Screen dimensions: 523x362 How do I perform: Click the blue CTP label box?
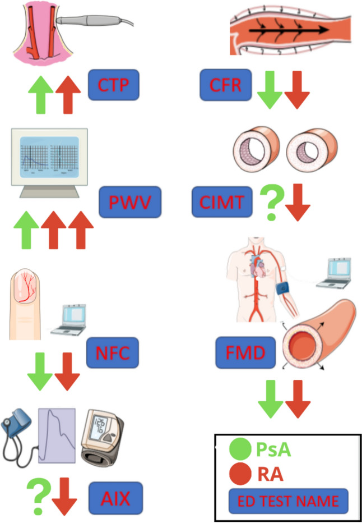(x=113, y=86)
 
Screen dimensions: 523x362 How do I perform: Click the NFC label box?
(x=112, y=354)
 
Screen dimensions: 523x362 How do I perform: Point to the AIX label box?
(x=115, y=497)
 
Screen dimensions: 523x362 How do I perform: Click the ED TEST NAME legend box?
(x=288, y=501)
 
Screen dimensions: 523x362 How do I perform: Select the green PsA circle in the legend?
(x=240, y=449)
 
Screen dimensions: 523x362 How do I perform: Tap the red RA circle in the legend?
(x=240, y=474)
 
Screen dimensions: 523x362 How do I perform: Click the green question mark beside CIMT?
(x=271, y=205)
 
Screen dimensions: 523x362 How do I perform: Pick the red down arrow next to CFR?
(x=297, y=93)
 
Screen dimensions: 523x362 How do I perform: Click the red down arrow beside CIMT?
(x=298, y=205)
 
